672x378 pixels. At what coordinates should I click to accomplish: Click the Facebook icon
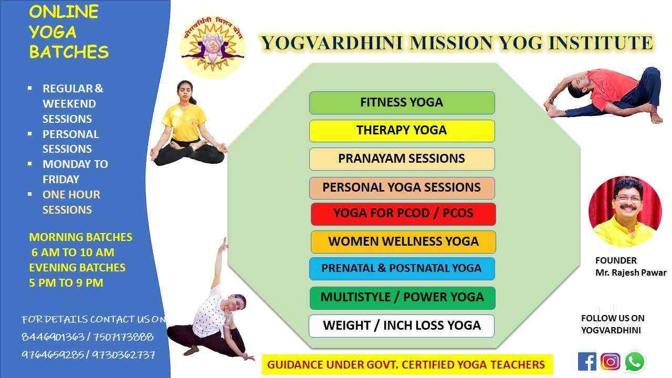click(587, 361)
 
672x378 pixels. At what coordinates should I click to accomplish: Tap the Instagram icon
click(610, 361)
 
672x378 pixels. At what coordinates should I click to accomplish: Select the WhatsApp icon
click(634, 361)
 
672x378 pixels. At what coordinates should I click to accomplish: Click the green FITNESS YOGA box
click(402, 102)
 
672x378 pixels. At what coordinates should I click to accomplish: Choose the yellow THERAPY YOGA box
click(402, 130)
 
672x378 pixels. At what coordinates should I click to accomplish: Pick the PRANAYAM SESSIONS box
click(402, 159)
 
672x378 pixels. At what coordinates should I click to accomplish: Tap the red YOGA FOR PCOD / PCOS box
click(403, 213)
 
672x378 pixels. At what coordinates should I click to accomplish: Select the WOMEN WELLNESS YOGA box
click(403, 241)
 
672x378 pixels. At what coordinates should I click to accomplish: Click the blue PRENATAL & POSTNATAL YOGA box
click(402, 268)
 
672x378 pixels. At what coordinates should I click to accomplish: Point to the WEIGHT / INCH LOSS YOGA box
click(402, 325)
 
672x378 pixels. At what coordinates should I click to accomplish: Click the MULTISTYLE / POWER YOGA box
click(402, 297)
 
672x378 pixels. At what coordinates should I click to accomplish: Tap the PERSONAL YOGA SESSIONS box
click(402, 187)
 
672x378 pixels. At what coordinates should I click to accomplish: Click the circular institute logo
click(212, 47)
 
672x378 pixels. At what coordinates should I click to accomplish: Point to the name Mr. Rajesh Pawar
click(631, 272)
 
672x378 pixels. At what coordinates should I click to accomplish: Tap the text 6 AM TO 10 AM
click(72, 253)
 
